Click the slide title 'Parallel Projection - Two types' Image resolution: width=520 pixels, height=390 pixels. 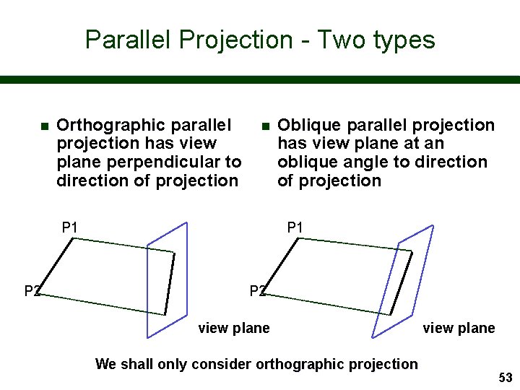coord(260,39)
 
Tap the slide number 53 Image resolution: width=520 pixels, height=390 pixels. coord(505,378)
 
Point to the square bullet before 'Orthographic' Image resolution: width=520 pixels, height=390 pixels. coord(45,126)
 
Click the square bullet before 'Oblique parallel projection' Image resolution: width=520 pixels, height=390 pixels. coord(266,126)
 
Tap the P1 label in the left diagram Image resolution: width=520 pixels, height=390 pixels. coord(70,228)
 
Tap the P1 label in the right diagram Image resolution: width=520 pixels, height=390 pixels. coord(295,228)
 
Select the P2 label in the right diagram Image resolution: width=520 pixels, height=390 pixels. coord(257,291)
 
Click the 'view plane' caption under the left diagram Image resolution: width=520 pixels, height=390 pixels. coord(233,329)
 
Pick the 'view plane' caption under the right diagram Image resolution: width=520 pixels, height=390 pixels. coord(459,329)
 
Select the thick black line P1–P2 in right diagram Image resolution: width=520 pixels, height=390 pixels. coord(282,265)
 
